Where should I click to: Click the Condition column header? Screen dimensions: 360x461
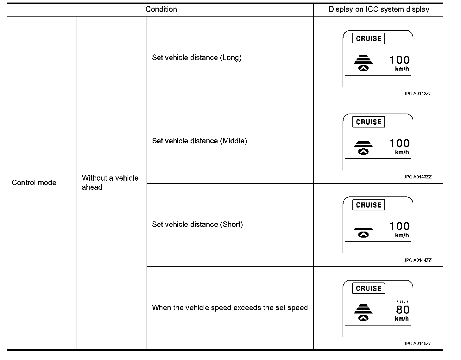[161, 9]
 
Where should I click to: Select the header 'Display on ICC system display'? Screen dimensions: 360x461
[379, 9]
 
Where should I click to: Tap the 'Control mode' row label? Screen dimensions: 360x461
[34, 183]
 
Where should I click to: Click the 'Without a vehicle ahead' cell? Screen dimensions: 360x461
[110, 183]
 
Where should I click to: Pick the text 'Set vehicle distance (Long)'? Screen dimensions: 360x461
[197, 58]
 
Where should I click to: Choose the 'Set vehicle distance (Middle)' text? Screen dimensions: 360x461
[199, 141]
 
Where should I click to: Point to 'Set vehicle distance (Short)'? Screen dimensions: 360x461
[197, 224]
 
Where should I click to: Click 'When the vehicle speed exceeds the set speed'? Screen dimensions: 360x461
[230, 308]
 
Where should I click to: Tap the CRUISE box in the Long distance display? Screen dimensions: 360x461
[369, 39]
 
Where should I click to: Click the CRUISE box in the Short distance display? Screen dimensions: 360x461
[369, 205]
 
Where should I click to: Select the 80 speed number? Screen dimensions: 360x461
[402, 310]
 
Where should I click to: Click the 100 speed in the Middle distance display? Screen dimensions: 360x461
[399, 143]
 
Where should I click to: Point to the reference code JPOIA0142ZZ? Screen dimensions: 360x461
[417, 94]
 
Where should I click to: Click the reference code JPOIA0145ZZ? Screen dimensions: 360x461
[417, 344]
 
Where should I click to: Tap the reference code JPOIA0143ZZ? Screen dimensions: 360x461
[417, 177]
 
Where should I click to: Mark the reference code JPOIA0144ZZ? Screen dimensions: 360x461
[417, 260]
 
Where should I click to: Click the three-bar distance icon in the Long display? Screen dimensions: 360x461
[363, 59]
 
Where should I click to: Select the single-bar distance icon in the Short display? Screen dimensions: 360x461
[363, 229]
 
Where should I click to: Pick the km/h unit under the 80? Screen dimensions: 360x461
[402, 319]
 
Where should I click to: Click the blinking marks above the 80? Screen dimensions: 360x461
[402, 302]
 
